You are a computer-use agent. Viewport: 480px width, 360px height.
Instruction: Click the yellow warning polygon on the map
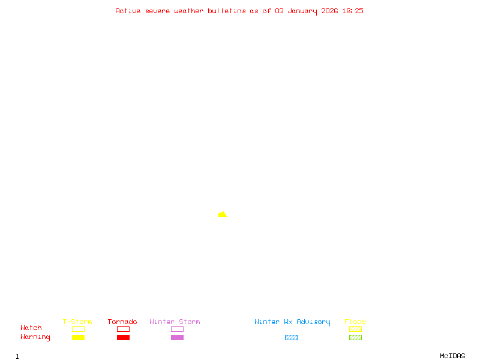click(222, 214)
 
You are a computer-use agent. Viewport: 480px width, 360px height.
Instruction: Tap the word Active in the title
click(128, 11)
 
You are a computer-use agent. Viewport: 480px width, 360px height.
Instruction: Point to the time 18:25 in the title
click(353, 11)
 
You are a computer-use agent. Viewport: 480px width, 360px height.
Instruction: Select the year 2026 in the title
click(329, 11)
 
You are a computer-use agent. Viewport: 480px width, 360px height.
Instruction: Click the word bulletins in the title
click(226, 11)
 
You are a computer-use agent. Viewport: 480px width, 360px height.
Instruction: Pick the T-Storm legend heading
click(77, 322)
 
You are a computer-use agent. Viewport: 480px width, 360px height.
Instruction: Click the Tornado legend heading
click(122, 322)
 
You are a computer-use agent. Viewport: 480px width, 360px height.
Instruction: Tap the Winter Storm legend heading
click(175, 322)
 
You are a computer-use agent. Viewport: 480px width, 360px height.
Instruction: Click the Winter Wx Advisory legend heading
click(292, 322)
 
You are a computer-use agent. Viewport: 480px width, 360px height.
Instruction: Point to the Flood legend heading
click(355, 322)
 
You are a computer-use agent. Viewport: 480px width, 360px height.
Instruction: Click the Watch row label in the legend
click(31, 328)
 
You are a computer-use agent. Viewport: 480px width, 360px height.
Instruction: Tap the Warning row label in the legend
click(35, 337)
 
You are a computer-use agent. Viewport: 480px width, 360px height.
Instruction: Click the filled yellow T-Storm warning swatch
click(78, 337)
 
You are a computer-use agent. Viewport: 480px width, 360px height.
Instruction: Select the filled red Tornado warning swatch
click(123, 337)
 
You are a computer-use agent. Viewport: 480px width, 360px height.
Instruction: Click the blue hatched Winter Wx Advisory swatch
click(291, 337)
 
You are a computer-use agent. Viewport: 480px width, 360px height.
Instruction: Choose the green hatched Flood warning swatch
click(355, 337)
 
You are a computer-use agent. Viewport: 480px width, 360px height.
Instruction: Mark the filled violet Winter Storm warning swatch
click(177, 337)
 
